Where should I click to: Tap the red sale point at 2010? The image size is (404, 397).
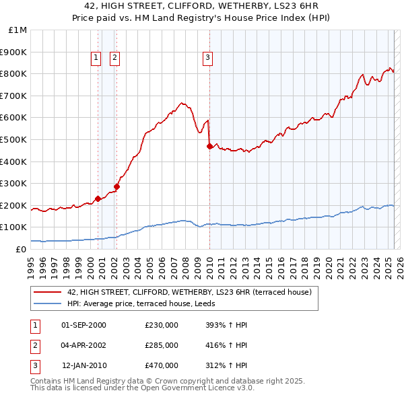coord(209,146)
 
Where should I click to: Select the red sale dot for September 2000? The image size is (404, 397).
coord(98,199)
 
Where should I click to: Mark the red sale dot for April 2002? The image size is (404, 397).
coord(116,186)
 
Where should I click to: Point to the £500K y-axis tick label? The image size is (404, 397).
coord(13,139)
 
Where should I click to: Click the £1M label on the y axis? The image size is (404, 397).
coord(18,30)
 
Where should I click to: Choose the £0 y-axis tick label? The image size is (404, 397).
coord(21,249)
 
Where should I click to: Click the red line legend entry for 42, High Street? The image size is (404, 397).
coord(189,292)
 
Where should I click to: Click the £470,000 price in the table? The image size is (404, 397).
coord(162,365)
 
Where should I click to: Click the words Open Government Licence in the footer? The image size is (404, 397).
coord(195,388)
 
